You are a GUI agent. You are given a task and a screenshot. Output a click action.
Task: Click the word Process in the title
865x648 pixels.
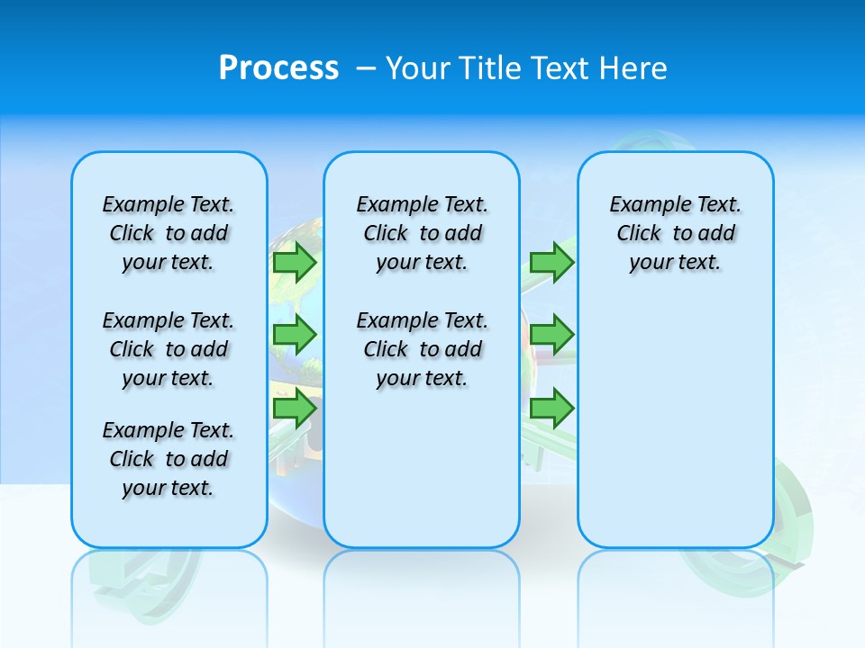[x=278, y=67]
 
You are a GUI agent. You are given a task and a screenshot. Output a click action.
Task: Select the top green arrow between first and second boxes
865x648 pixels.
[x=294, y=263]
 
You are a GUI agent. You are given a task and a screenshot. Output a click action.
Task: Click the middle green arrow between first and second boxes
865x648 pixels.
[x=294, y=335]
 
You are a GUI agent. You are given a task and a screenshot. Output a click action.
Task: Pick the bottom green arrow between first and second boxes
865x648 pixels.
[x=294, y=409]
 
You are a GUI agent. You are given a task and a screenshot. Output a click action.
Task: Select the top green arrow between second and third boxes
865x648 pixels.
[x=551, y=263]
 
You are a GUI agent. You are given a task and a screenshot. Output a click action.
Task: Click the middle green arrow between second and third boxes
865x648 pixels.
[x=551, y=335]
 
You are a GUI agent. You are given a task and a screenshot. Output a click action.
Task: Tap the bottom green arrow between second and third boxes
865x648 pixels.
[x=551, y=409]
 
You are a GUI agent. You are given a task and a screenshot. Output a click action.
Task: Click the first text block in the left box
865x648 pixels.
[x=168, y=233]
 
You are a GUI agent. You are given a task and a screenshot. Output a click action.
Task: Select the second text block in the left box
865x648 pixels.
[x=168, y=349]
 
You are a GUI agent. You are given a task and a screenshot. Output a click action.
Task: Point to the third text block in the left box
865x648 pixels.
[x=168, y=459]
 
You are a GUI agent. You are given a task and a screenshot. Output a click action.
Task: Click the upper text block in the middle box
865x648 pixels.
[x=422, y=233]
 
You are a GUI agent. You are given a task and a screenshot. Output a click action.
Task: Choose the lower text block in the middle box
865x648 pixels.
[x=422, y=349]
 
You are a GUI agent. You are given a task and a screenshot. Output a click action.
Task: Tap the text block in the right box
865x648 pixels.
[x=675, y=233]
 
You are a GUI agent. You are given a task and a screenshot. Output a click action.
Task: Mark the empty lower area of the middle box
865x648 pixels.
[x=422, y=468]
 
